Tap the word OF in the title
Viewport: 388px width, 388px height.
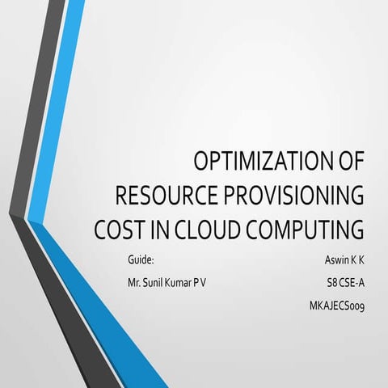tap(348, 162)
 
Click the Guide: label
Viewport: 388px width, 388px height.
tap(141, 260)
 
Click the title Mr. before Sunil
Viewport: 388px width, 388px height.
tap(136, 283)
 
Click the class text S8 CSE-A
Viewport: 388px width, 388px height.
tap(341, 283)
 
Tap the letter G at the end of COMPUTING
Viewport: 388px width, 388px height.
tap(355, 230)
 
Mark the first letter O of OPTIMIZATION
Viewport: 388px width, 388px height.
tap(202, 162)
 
